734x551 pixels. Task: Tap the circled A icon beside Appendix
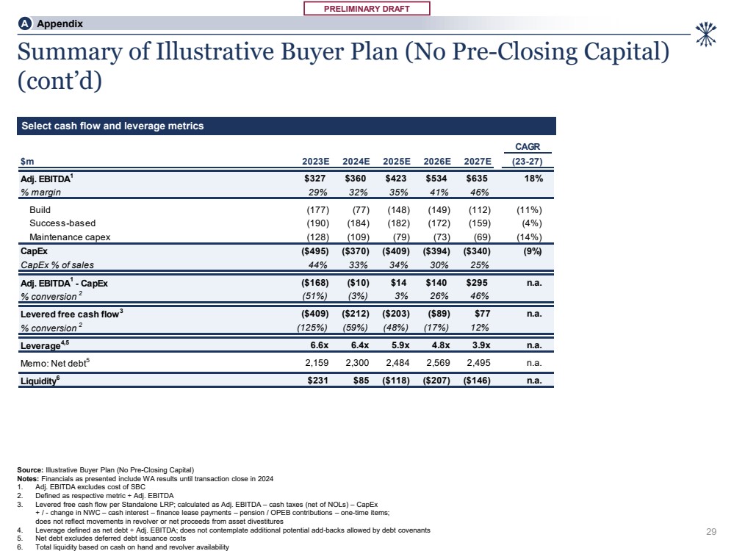pyautogui.click(x=25, y=24)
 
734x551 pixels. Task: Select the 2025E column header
pyautogui.click(x=397, y=162)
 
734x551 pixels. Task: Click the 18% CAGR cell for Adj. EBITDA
pyautogui.click(x=533, y=179)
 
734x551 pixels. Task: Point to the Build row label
pyautogui.click(x=40, y=210)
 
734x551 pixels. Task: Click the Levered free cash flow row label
pyautogui.click(x=69, y=314)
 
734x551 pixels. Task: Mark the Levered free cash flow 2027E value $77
pyautogui.click(x=482, y=314)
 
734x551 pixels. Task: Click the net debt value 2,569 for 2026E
pyautogui.click(x=439, y=363)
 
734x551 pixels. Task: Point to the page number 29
pyautogui.click(x=710, y=531)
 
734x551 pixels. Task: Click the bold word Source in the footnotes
pyautogui.click(x=31, y=469)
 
